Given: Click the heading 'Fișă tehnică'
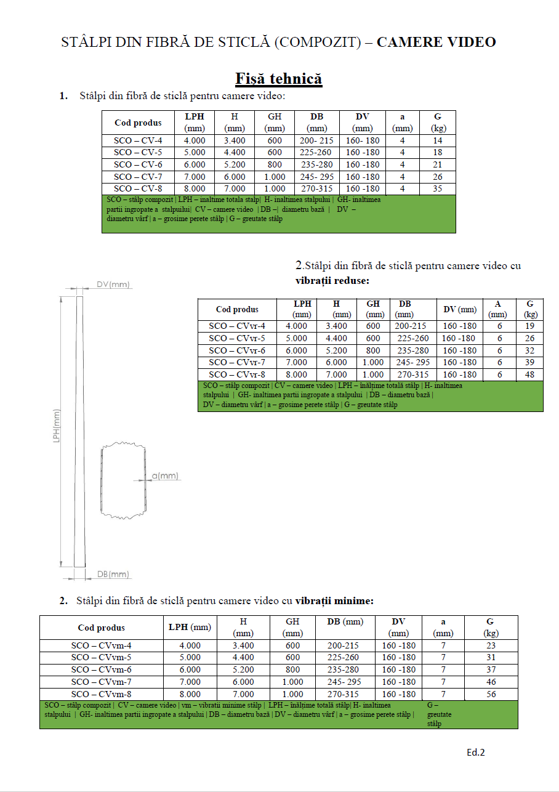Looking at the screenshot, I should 279,79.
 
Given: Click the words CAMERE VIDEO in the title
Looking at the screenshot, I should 436,42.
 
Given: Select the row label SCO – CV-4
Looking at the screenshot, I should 138,140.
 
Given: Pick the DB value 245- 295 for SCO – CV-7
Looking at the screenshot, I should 316,177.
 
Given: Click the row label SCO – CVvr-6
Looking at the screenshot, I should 237,350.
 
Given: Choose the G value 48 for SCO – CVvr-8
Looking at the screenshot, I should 529,374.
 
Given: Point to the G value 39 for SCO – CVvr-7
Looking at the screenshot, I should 529,362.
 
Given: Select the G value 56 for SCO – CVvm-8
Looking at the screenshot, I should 490,694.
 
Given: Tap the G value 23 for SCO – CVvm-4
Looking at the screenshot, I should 490,645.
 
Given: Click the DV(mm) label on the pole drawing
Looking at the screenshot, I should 113,285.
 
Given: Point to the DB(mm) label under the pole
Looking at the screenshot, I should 113,575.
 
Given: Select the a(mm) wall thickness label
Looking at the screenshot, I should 164,475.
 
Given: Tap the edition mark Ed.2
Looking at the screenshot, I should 476,752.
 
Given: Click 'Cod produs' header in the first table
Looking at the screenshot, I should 138,123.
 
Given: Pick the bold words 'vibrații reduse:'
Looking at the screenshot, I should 332,280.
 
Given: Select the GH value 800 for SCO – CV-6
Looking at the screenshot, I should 275,164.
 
